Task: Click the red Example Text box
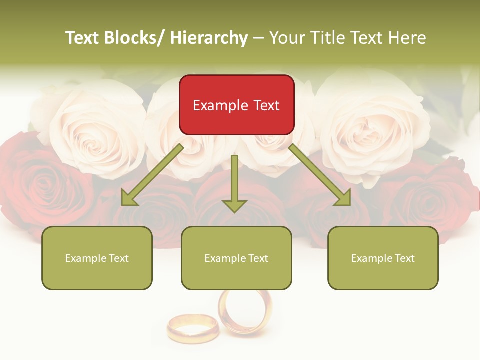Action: pos(236,105)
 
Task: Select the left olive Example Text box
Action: pos(97,258)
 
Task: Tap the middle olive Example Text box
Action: pos(236,258)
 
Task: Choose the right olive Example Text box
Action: pos(383,258)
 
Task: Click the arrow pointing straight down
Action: pos(234,183)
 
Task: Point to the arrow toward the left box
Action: pos(153,175)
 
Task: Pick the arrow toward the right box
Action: pos(320,175)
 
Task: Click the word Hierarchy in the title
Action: pos(209,38)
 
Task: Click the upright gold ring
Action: pos(245,312)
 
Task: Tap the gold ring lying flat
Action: pos(192,328)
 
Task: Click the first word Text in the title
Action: pos(83,38)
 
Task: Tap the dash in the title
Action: pos(258,38)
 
